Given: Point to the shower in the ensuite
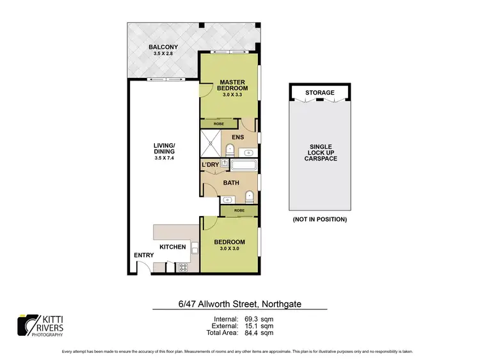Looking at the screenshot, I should [x=209, y=143].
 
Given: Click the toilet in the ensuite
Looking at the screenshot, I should [x=230, y=150].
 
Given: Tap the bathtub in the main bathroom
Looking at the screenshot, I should [x=243, y=166].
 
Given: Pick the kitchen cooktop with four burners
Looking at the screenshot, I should [x=182, y=267].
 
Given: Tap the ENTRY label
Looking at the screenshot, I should [x=144, y=255].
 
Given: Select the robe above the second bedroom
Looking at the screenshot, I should [x=238, y=210].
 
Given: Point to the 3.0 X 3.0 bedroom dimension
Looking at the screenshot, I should [x=230, y=248].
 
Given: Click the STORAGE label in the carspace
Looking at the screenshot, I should [x=319, y=93].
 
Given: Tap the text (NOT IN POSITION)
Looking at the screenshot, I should [x=319, y=219].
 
